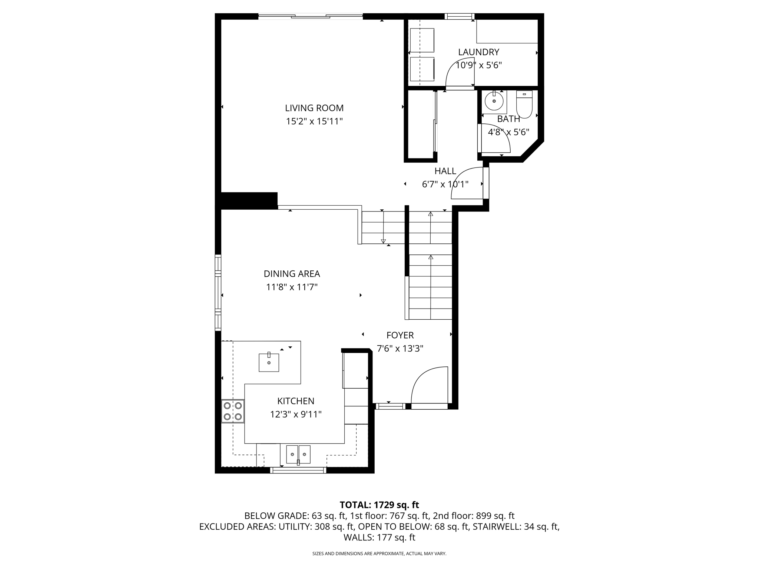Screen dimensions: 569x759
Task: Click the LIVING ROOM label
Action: pyautogui.click(x=314, y=108)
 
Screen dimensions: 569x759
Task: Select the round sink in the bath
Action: pyautogui.click(x=494, y=101)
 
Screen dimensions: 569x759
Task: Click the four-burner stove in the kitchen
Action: pyautogui.click(x=233, y=411)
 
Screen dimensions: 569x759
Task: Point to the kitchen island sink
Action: pyautogui.click(x=269, y=362)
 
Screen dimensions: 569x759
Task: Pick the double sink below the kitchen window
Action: pyautogui.click(x=298, y=454)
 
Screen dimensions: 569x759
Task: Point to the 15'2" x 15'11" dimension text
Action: pyautogui.click(x=314, y=122)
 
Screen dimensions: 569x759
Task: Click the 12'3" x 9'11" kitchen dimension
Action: pyautogui.click(x=296, y=414)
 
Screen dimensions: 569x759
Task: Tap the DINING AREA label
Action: pyautogui.click(x=292, y=274)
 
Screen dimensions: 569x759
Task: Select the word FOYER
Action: pyautogui.click(x=400, y=335)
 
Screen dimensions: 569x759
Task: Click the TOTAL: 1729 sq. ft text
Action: pyautogui.click(x=379, y=505)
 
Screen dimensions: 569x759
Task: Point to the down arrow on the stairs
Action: pyautogui.click(x=383, y=241)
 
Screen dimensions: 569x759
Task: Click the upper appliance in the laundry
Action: pyautogui.click(x=422, y=40)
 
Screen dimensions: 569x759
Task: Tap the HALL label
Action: pyautogui.click(x=445, y=171)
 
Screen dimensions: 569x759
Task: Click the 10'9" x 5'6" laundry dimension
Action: pyautogui.click(x=478, y=66)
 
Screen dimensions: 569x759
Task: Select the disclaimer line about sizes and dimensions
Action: pyautogui.click(x=379, y=554)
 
